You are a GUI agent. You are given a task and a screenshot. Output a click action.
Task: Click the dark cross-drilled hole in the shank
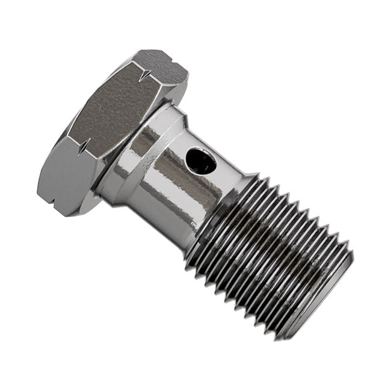click(x=200, y=161)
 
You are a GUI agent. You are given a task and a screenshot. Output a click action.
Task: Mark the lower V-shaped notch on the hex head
click(x=83, y=144)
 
